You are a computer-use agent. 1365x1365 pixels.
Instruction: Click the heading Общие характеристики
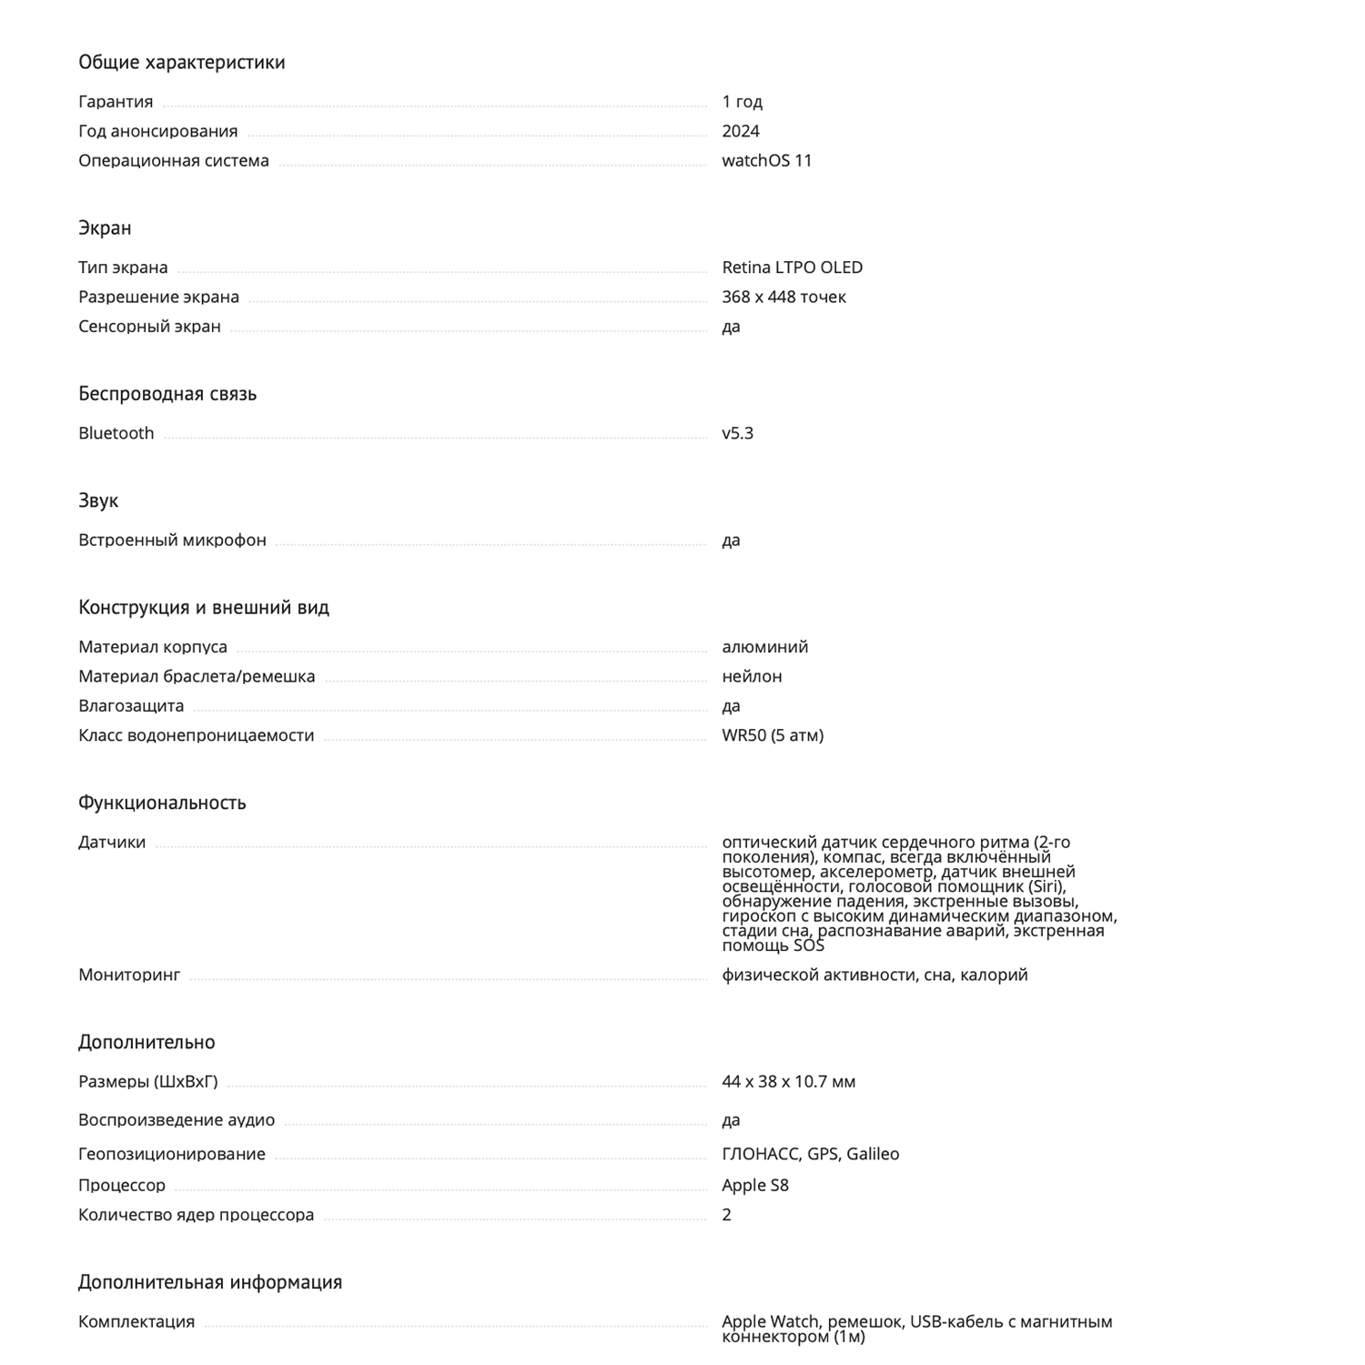point(181,62)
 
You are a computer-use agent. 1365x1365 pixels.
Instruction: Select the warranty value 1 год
point(742,101)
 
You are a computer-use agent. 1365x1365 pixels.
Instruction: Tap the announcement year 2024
point(740,131)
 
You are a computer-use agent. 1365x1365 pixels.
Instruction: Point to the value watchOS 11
point(766,160)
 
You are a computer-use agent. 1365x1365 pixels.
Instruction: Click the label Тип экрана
point(123,268)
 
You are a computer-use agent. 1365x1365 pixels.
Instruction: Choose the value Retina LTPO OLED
point(792,268)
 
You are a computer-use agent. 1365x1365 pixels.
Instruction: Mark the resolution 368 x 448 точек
point(784,297)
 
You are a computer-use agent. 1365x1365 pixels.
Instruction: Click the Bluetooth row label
point(116,433)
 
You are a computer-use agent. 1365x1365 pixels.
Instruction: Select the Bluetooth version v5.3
point(737,433)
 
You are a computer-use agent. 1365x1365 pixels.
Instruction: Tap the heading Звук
point(98,500)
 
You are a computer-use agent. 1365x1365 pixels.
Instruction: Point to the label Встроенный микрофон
point(172,540)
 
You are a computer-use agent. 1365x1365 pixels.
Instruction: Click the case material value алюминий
point(764,647)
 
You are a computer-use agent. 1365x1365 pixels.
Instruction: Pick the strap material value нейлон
point(752,676)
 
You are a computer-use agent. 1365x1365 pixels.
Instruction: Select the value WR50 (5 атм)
point(773,735)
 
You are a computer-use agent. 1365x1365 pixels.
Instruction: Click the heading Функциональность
point(162,803)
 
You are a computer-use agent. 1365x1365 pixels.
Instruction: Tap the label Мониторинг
point(129,975)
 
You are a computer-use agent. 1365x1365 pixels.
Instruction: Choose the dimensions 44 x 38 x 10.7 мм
point(788,1082)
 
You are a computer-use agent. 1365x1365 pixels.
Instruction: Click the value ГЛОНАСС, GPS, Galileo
point(810,1154)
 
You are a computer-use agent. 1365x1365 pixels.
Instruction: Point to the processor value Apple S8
point(755,1185)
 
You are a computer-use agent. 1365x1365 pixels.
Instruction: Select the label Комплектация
point(136,1321)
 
